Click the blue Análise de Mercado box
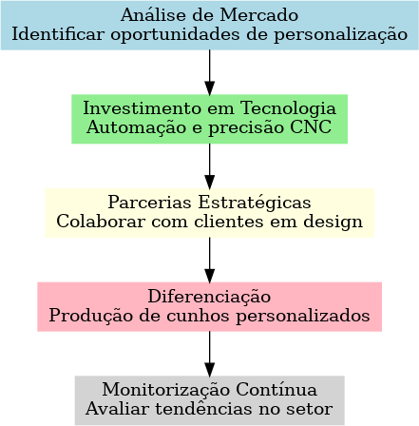point(209,26)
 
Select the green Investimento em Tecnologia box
point(209,119)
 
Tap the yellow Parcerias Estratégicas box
point(209,213)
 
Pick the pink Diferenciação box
point(209,306)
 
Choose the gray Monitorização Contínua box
point(209,400)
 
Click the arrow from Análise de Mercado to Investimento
point(209,72)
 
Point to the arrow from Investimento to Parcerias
point(209,166)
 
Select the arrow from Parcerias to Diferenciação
point(209,260)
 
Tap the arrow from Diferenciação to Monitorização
point(209,354)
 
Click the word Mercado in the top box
point(259,15)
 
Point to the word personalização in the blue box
point(340,35)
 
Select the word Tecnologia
point(288,109)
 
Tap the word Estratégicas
point(255,203)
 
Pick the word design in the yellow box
point(333,222)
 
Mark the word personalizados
point(303,317)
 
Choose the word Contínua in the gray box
point(276,390)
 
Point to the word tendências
point(203,409)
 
